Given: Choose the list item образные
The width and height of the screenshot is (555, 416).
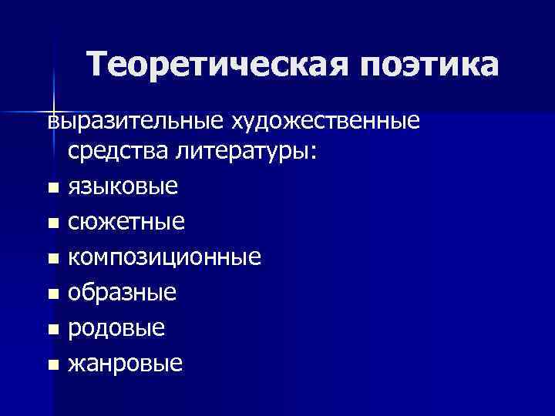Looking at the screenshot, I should pyautogui.click(x=123, y=293).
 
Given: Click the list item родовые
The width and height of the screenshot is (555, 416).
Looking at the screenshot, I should pyautogui.click(x=116, y=328).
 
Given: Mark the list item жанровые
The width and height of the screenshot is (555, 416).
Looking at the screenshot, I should pyautogui.click(x=126, y=363).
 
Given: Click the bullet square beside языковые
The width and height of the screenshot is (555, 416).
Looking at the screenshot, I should pyautogui.click(x=52, y=188).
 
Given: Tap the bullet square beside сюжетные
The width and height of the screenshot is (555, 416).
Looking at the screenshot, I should pyautogui.click(x=52, y=223).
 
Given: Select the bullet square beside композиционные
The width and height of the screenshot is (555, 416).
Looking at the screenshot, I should pyautogui.click(x=52, y=258).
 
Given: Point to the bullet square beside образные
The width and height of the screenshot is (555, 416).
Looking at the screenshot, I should pyautogui.click(x=52, y=294).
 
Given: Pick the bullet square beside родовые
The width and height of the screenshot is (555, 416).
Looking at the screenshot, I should pyautogui.click(x=52, y=329).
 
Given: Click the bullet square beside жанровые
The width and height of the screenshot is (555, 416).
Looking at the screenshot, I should pyautogui.click(x=52, y=364).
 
